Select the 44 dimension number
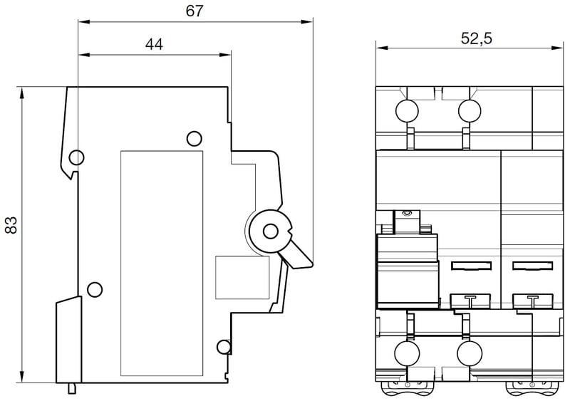pos(154,44)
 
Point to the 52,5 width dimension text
pos(476,39)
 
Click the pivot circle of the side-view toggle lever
pos(271,231)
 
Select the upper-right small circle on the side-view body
pos(193,138)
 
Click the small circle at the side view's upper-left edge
pos(77,157)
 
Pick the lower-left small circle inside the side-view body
pos(93,288)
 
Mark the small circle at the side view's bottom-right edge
pos(224,347)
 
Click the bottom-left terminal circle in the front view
pos(407,353)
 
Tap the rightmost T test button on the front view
pos(532,301)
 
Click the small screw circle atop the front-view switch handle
pos(407,213)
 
